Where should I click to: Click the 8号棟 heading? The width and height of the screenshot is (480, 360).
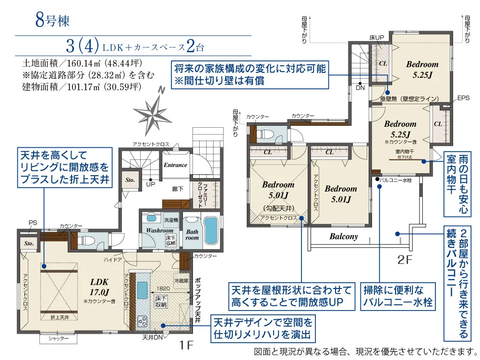tap(52, 22)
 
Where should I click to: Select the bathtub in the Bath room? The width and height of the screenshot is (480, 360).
tap(210, 231)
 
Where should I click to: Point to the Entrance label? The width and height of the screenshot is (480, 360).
tap(175, 165)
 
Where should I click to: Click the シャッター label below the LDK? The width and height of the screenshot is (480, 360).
tap(59, 339)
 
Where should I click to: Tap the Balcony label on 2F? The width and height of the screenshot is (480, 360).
tap(344, 237)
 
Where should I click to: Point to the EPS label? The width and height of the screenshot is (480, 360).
tap(463, 98)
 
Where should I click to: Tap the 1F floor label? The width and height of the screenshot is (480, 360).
tap(187, 345)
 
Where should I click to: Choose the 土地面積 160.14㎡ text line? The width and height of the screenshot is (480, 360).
tap(82, 63)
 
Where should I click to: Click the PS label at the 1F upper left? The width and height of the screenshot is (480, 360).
tap(33, 222)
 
